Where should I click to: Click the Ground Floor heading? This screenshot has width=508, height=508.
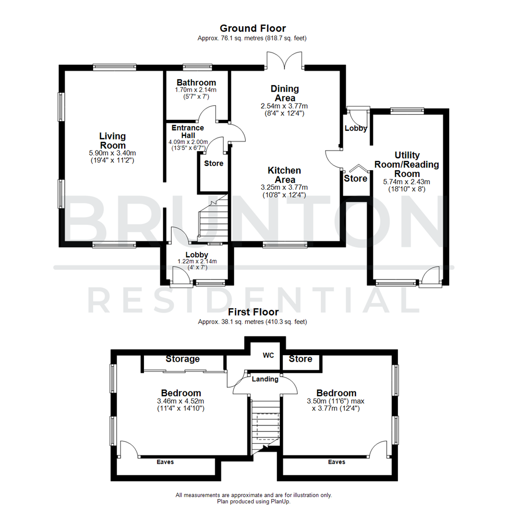253,29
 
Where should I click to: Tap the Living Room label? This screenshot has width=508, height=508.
112,141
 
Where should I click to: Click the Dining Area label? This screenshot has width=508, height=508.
285,93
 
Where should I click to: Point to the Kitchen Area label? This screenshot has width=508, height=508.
285,175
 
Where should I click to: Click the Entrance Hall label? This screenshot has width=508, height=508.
188,131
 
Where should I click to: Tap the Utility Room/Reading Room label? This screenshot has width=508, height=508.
407,164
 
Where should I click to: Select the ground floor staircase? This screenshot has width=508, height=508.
213,219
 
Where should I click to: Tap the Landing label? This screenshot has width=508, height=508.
265,379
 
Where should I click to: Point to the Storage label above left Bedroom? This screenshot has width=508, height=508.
183,359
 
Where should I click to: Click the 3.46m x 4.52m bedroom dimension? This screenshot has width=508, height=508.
181,401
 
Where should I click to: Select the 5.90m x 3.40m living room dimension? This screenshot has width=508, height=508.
112,153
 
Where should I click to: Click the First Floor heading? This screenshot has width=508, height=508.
253,312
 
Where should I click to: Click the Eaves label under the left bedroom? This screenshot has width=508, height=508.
165,462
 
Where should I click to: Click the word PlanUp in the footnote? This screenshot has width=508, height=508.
280,501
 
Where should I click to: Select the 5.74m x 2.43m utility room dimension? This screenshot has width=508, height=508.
407,182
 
